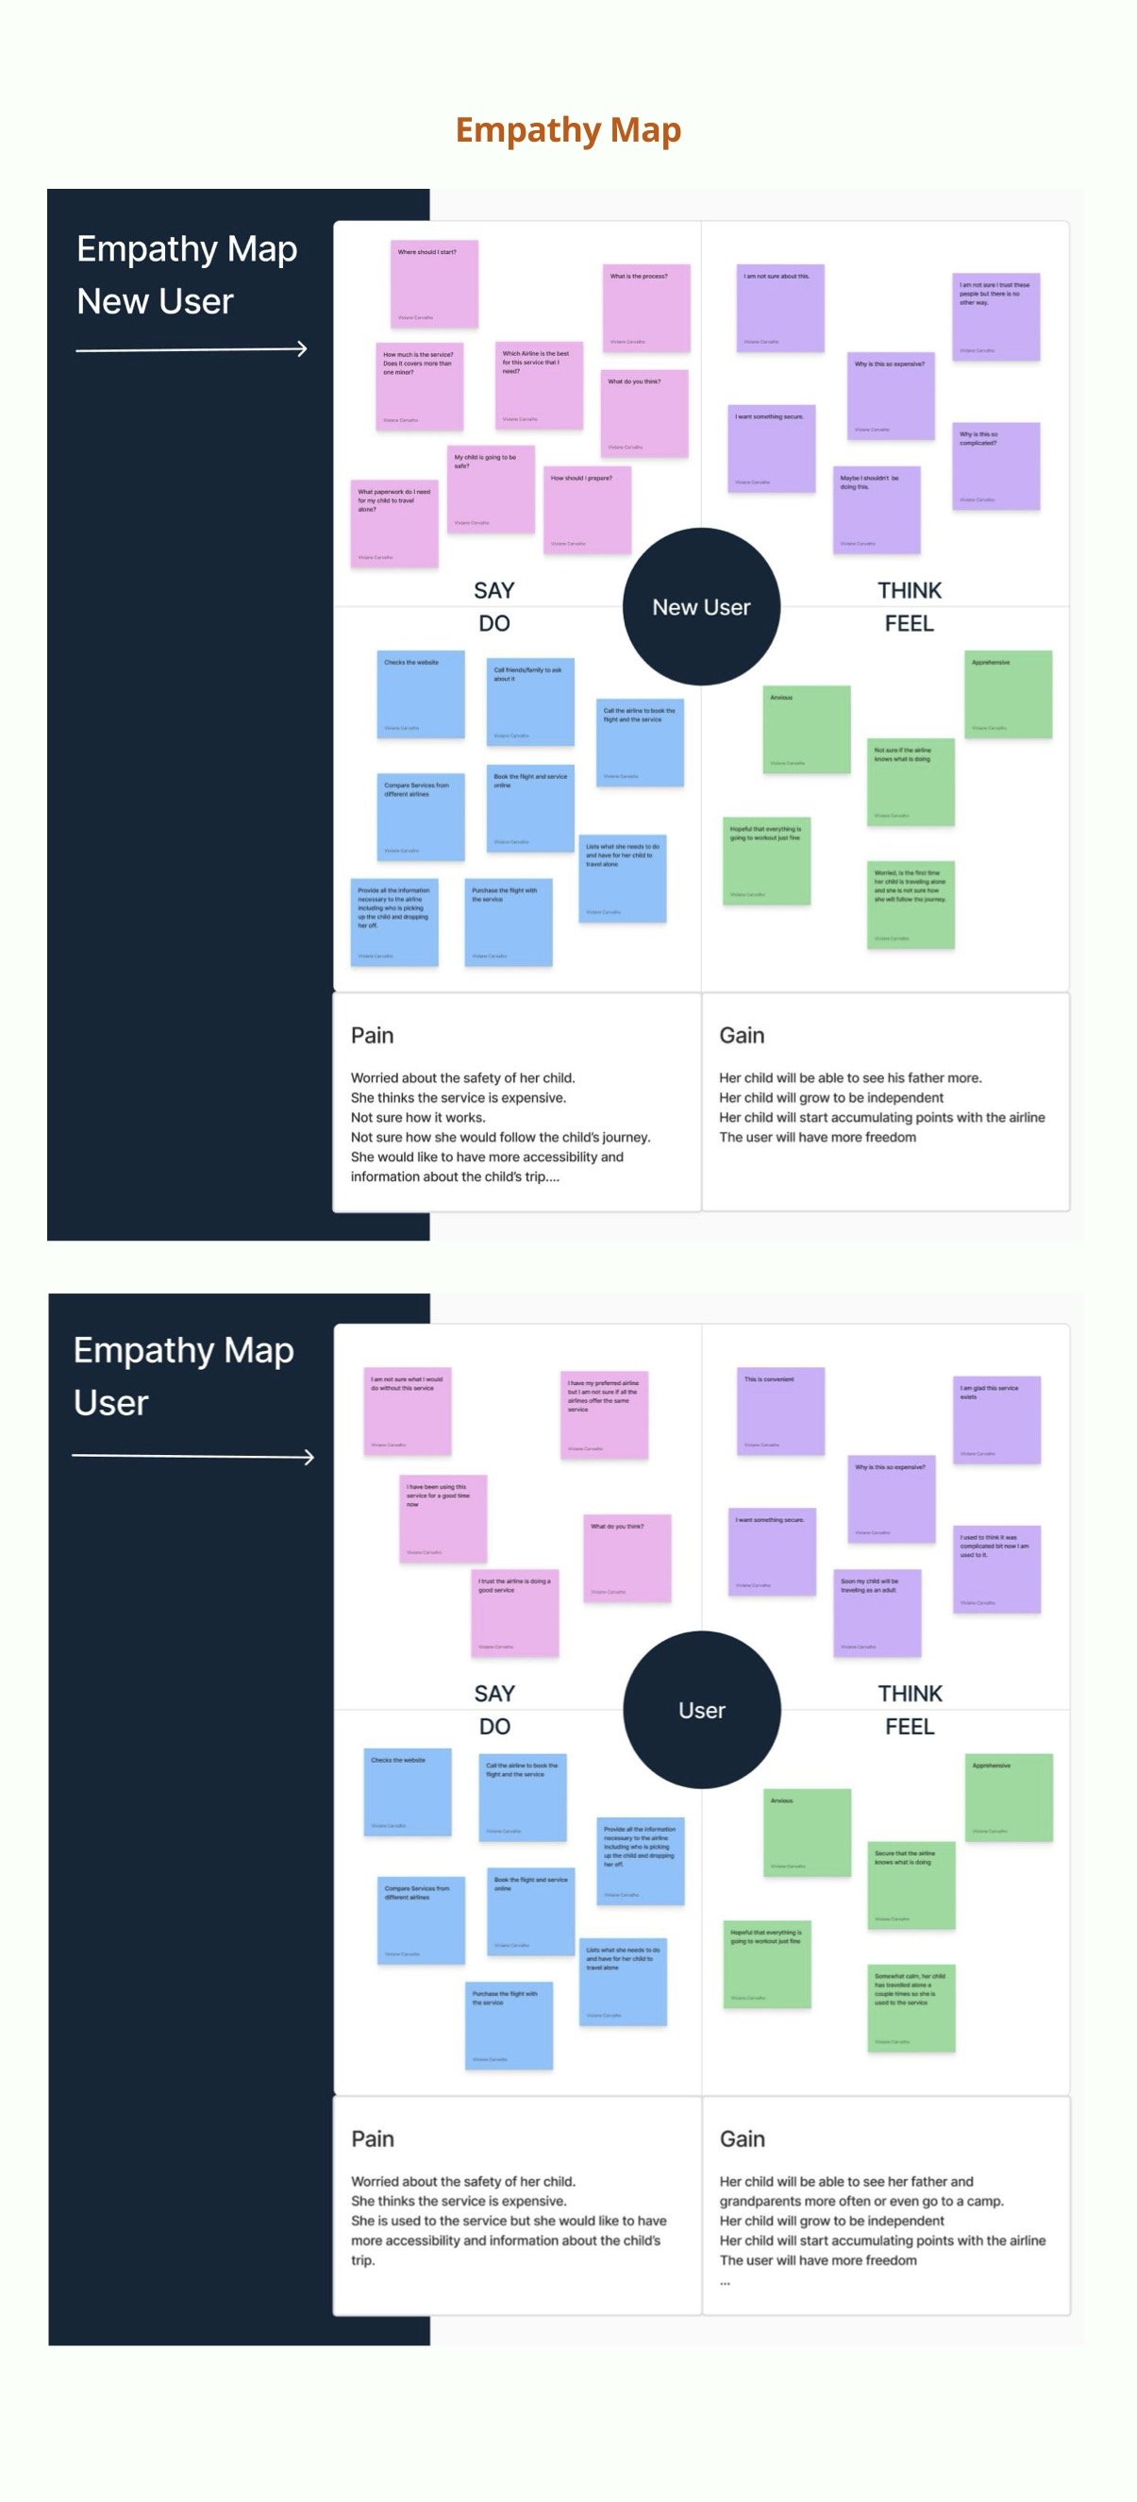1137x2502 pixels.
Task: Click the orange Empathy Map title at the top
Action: pyautogui.click(x=568, y=130)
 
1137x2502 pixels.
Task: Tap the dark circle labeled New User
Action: pyautogui.click(x=701, y=607)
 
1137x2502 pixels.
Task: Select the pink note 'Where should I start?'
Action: pyautogui.click(x=434, y=283)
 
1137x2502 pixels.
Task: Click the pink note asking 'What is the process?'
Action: pyautogui.click(x=645, y=308)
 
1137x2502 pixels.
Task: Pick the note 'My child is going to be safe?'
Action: pyautogui.click(x=492, y=489)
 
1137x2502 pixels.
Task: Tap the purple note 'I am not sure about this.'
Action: pyautogui.click(x=779, y=308)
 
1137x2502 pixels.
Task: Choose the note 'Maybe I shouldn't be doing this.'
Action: pyautogui.click(x=876, y=510)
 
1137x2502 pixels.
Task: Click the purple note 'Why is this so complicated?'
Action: pyautogui.click(x=995, y=466)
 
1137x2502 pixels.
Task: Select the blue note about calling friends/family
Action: pyautogui.click(x=530, y=702)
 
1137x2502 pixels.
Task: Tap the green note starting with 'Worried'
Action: pyautogui.click(x=910, y=904)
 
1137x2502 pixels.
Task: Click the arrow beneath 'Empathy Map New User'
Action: pyautogui.click(x=192, y=348)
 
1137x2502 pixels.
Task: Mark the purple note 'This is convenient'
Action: pyautogui.click(x=779, y=1411)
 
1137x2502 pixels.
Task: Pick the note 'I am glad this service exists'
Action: pyautogui.click(x=996, y=1419)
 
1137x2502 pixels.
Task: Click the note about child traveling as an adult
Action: pyautogui.click(x=877, y=1613)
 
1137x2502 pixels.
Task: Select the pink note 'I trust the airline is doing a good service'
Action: pyautogui.click(x=514, y=1613)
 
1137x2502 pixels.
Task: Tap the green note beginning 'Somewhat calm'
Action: pyautogui.click(x=911, y=2007)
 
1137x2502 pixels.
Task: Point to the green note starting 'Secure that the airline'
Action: pyautogui.click(x=911, y=1885)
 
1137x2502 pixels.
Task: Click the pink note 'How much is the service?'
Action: pyautogui.click(x=421, y=385)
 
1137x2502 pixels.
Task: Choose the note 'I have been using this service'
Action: pyautogui.click(x=443, y=1518)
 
